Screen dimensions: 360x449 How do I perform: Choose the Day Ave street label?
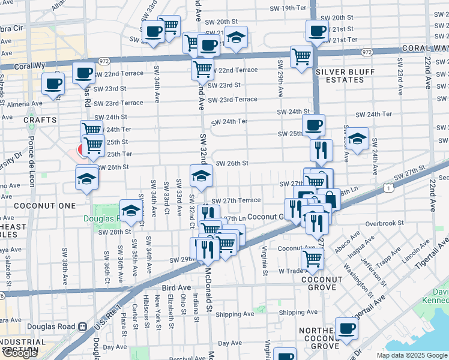(229, 343)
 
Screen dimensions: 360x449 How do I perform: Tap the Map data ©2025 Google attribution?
(411, 355)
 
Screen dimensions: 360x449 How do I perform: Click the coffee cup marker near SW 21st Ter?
(316, 30)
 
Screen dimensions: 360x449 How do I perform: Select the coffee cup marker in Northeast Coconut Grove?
(346, 328)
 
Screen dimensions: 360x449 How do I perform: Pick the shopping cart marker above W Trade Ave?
(313, 258)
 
